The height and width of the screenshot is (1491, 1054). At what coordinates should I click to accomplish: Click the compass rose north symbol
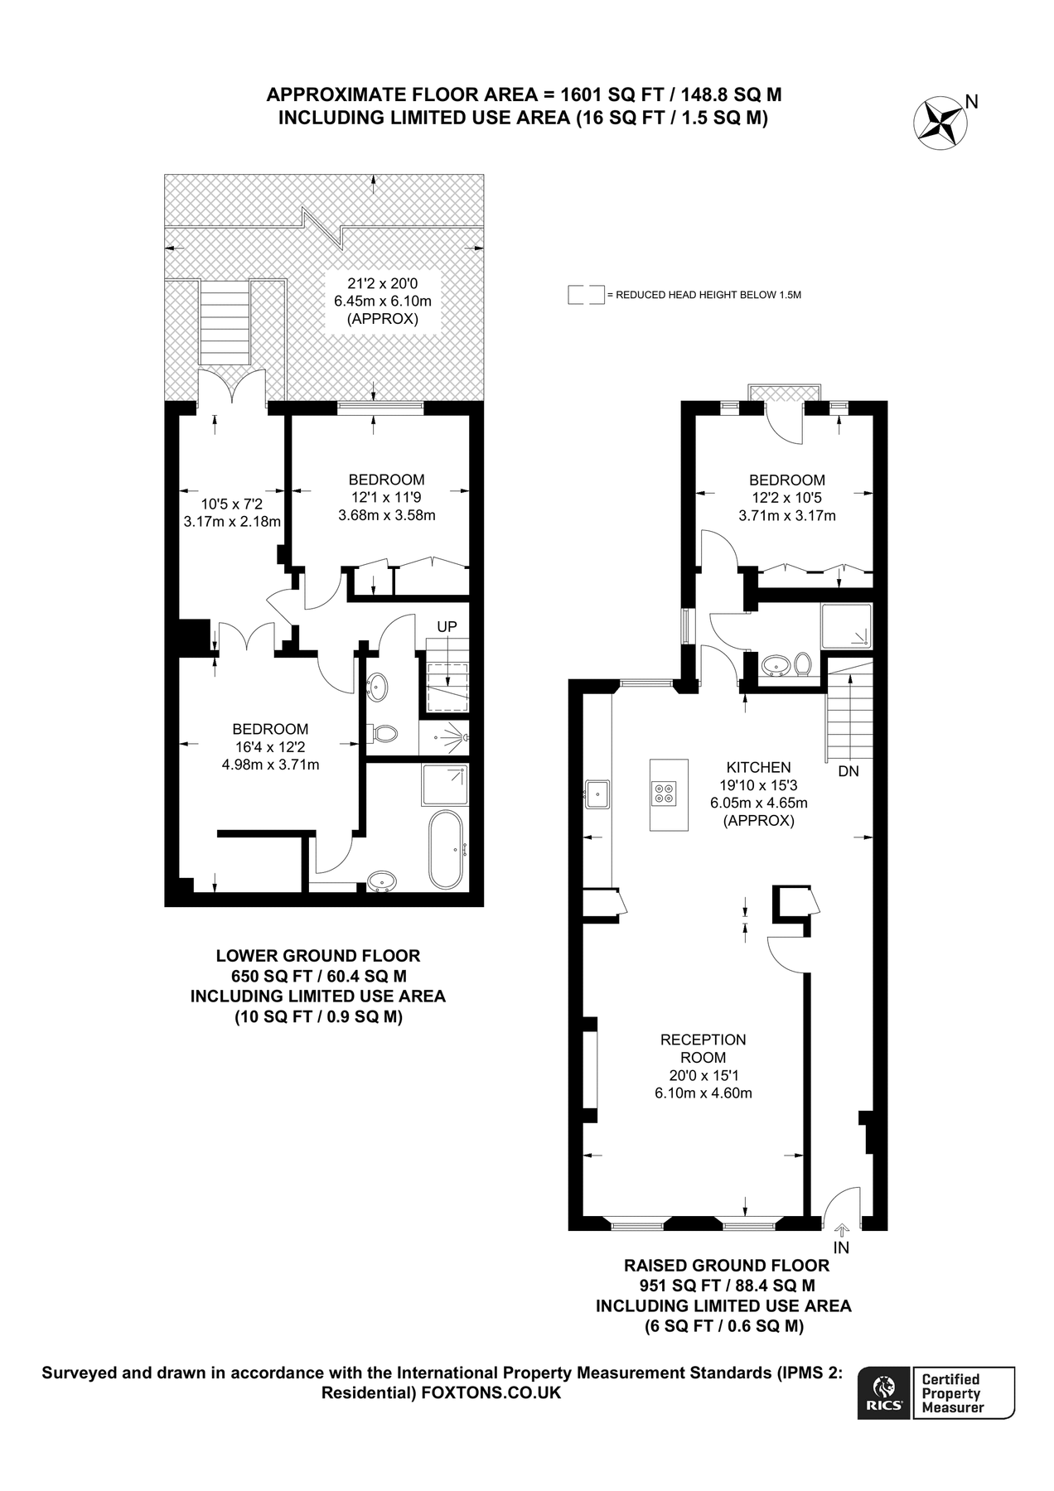(x=941, y=123)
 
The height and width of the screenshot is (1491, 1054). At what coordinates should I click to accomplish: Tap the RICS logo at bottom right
(x=884, y=1393)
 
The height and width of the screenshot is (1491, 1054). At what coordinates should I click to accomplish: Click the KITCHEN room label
(x=758, y=767)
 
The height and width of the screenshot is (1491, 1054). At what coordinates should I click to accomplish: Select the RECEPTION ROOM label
(x=703, y=1049)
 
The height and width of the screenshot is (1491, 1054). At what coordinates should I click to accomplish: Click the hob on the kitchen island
(x=664, y=794)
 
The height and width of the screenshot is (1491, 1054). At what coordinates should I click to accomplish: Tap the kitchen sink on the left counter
(x=597, y=794)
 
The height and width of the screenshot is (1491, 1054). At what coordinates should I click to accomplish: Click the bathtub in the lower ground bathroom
(x=447, y=849)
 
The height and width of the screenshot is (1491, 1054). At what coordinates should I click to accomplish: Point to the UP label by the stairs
(x=447, y=626)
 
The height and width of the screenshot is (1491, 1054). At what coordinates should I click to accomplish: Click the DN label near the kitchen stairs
(x=849, y=771)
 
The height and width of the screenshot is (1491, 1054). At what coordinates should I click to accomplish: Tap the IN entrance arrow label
(x=841, y=1247)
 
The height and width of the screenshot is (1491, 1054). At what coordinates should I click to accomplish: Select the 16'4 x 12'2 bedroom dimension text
(x=270, y=747)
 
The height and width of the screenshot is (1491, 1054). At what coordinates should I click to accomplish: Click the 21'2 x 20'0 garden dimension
(x=382, y=282)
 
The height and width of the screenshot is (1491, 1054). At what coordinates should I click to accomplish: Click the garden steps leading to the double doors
(x=225, y=321)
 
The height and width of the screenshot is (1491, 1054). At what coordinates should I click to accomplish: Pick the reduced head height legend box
(x=585, y=295)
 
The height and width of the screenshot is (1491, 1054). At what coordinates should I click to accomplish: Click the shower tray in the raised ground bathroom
(x=846, y=625)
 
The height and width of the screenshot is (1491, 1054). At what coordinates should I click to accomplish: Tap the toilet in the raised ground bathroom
(x=802, y=663)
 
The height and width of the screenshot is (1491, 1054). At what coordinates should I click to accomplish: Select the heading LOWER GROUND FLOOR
(x=318, y=955)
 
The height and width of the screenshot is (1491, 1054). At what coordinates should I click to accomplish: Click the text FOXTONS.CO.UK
(x=491, y=1393)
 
